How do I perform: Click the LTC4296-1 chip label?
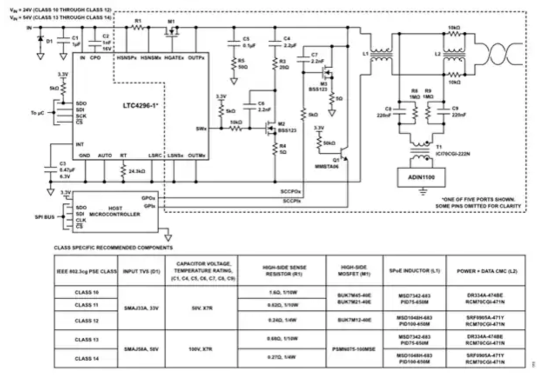pyautogui.click(x=141, y=106)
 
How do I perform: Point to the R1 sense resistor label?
pyautogui.click(x=138, y=21)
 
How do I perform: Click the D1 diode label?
pyautogui.click(x=49, y=41)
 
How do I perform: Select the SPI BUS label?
pyautogui.click(x=43, y=217)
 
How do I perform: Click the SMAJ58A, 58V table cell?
pyautogui.click(x=140, y=349)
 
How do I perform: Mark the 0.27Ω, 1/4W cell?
pyautogui.click(x=281, y=358)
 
